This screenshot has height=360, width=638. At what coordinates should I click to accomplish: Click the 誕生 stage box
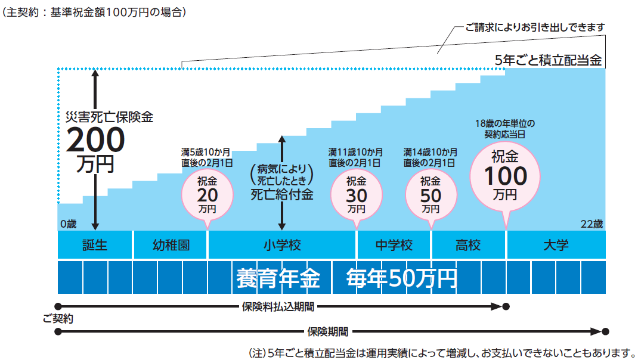pos(95,245)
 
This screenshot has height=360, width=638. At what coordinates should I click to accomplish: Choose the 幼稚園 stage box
pos(171,245)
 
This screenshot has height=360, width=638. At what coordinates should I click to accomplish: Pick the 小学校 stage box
pos(282,245)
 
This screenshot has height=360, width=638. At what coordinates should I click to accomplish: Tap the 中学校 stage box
pos(394,245)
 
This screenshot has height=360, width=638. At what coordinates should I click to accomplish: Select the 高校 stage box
pos(468,245)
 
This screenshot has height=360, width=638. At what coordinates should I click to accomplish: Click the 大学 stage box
pos(556,245)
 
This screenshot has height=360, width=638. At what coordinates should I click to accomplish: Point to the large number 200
pos(96,141)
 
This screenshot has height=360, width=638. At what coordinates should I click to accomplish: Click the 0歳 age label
pos(68,225)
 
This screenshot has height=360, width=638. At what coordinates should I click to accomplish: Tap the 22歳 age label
pos(591,225)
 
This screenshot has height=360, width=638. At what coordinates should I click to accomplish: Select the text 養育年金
pos(278,278)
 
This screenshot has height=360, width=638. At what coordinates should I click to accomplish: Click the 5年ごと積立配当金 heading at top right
pos(549,60)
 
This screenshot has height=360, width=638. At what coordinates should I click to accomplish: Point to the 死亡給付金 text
pos(281,195)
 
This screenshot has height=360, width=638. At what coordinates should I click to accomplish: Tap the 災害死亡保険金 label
pos(110,117)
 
